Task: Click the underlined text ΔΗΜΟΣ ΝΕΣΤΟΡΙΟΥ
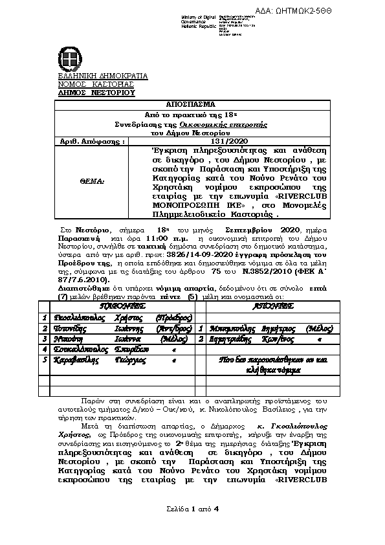[x=96, y=93]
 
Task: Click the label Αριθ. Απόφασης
[x=83, y=140]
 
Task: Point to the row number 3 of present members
[x=45, y=339]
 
